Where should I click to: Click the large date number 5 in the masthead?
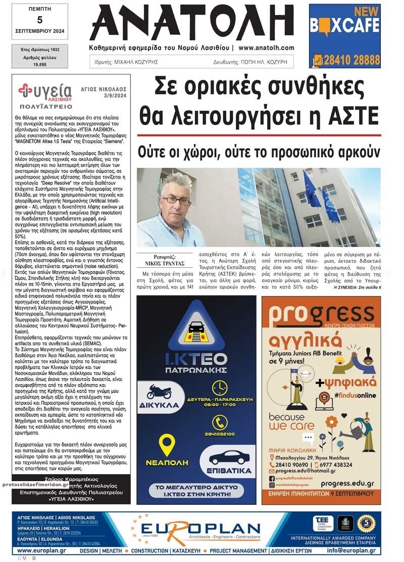point(39,20)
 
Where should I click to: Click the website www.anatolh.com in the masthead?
point(266,48)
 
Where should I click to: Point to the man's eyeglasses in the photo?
point(176,200)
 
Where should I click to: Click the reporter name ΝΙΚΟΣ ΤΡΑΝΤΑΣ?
point(161,263)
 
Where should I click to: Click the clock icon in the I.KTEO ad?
point(220,388)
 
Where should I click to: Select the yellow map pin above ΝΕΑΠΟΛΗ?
point(167,445)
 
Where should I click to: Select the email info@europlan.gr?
point(351,550)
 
